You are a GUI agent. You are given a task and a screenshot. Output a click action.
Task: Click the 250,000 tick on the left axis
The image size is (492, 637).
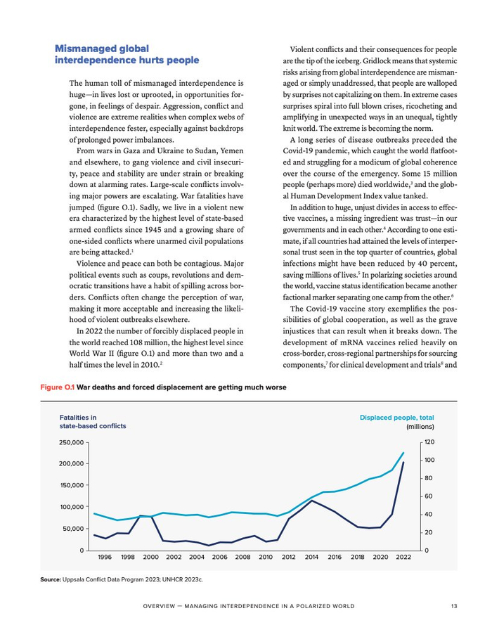(x=71, y=442)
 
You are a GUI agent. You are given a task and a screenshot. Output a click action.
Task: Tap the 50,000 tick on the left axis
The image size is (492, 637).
(x=73, y=528)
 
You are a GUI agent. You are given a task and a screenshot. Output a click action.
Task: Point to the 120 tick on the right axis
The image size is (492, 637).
(x=429, y=442)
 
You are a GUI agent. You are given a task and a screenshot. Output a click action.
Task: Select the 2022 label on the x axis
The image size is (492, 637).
(x=403, y=557)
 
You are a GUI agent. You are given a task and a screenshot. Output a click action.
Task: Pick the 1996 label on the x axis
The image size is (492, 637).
(x=105, y=557)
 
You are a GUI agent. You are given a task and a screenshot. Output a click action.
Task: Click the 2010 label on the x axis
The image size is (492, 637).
(x=266, y=557)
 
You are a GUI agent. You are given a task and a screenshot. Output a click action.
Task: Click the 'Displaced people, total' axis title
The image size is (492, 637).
(x=396, y=417)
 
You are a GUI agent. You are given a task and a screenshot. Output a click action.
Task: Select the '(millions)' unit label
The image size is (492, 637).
(x=420, y=426)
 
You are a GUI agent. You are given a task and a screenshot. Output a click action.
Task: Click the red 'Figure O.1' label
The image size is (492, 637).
(x=56, y=387)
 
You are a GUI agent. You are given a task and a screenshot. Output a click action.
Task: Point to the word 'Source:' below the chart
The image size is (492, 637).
(x=51, y=579)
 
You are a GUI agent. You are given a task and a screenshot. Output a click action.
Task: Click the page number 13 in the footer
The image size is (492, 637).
(x=455, y=606)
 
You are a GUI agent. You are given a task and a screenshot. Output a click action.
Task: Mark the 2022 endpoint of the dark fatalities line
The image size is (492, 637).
(x=403, y=463)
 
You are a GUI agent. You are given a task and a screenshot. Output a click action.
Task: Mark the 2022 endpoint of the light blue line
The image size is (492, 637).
(x=403, y=453)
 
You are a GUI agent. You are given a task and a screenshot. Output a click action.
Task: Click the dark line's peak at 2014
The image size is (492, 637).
(x=311, y=501)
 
